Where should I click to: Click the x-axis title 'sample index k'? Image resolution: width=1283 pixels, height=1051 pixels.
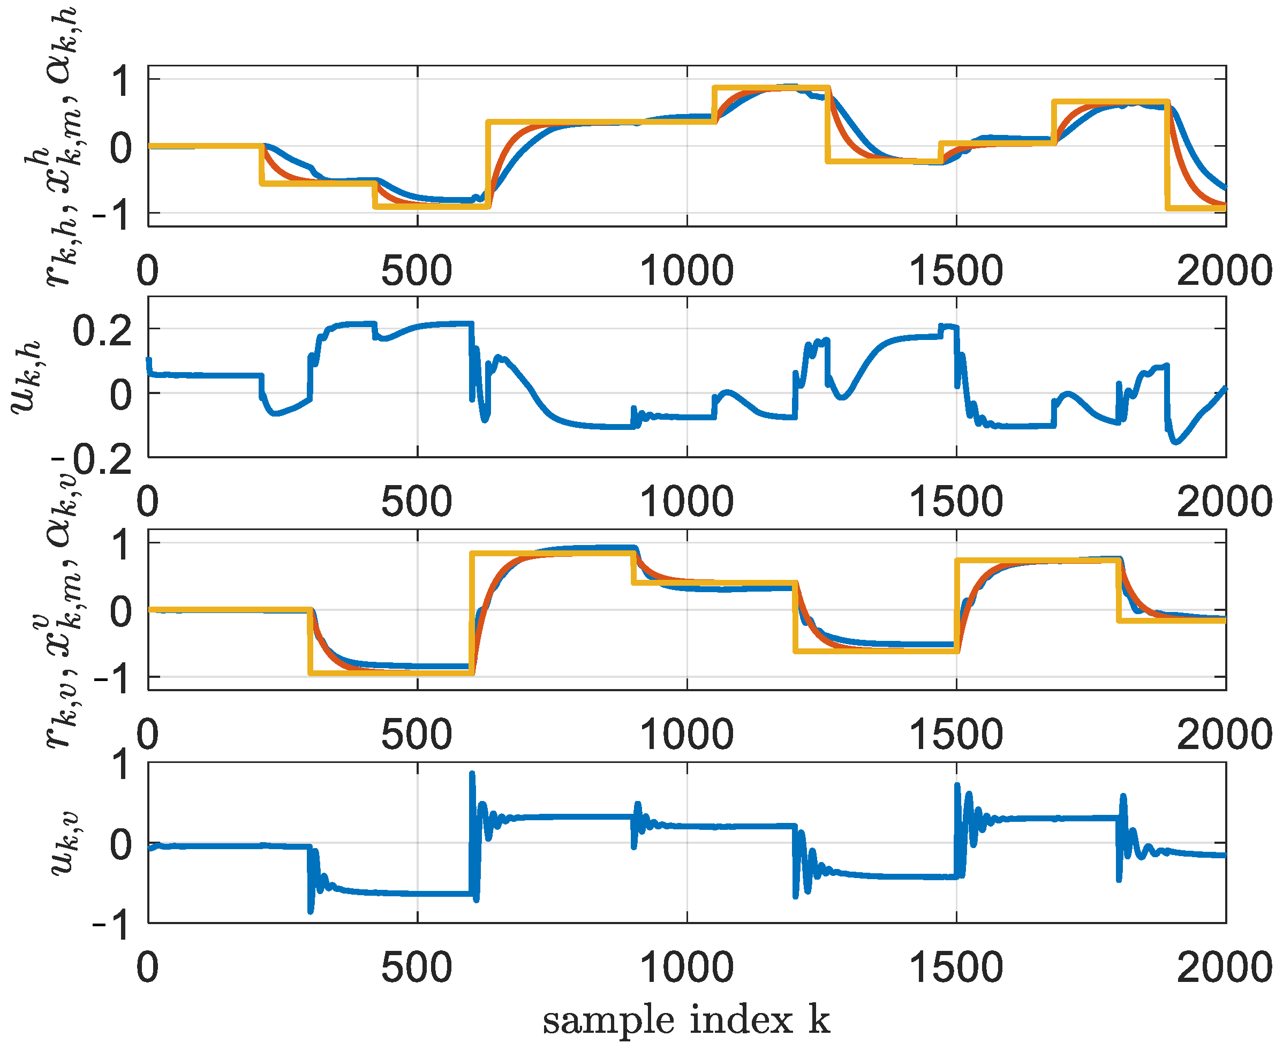[x=686, y=1020]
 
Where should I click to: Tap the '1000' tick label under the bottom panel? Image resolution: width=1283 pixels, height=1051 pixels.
[x=686, y=967]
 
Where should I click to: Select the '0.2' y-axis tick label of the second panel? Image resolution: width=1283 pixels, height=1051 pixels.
[x=102, y=331]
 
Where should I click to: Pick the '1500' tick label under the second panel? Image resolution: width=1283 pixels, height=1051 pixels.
[x=956, y=501]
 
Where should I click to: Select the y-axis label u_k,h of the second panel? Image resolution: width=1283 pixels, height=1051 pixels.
[x=27, y=376]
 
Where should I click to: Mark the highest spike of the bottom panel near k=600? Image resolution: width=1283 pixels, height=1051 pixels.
[x=472, y=773]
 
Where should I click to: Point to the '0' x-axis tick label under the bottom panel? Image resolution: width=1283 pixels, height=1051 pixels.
[x=148, y=967]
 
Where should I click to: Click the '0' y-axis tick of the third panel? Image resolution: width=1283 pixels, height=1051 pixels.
[x=120, y=611]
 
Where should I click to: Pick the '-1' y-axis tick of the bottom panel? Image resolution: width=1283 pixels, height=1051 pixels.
[x=111, y=925]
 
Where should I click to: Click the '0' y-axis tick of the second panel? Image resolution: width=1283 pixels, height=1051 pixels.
[x=120, y=395]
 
